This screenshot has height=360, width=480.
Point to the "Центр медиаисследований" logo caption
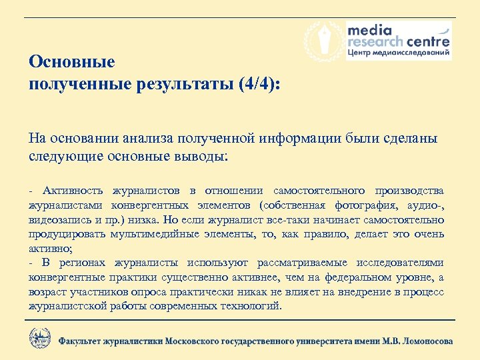tap(398, 53)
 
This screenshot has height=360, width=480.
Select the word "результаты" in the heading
tap(177, 85)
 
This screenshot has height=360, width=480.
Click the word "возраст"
tap(47, 292)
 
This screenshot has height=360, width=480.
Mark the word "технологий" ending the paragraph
tap(251, 307)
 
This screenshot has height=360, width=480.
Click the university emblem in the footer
tap(39, 338)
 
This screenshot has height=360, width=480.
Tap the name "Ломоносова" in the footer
tap(421, 341)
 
